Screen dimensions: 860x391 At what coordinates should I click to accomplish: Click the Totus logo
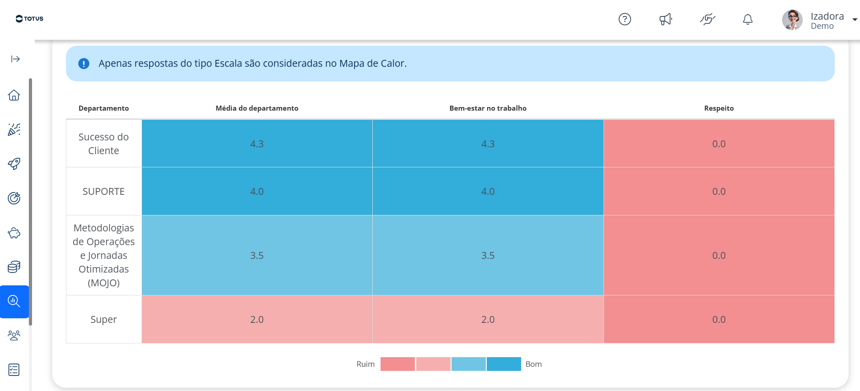coord(29,19)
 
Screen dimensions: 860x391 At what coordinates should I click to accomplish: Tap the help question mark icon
coord(625,19)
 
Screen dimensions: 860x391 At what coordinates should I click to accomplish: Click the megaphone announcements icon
coord(665,19)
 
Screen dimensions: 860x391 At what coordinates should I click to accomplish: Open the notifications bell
coord(748,19)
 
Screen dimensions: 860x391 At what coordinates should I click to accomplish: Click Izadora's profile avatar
coord(792,20)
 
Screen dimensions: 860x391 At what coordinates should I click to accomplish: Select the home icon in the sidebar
coord(14,95)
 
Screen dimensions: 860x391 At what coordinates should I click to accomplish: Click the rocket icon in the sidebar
coord(14,164)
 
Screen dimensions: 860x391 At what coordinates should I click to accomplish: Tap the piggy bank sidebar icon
coord(14,233)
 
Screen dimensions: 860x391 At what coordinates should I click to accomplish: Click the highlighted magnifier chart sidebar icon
coord(14,301)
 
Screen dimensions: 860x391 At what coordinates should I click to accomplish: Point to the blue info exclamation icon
coord(84,64)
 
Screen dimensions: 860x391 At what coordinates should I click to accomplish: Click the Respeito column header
coord(719,108)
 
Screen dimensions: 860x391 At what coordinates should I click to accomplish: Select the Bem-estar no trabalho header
coord(488,108)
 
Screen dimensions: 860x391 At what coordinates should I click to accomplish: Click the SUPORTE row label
coord(103,192)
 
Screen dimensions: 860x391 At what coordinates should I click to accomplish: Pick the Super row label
coord(103,320)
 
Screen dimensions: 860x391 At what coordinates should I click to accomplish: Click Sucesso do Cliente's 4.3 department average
coord(257,144)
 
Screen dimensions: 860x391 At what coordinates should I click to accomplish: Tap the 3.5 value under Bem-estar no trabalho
coord(488,256)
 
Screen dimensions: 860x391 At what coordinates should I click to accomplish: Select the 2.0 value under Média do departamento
coord(257,320)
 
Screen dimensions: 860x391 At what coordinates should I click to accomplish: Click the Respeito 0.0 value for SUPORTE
coord(719,192)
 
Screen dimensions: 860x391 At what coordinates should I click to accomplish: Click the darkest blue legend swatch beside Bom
coord(504,364)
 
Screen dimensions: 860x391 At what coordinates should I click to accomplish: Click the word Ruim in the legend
coord(365,364)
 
